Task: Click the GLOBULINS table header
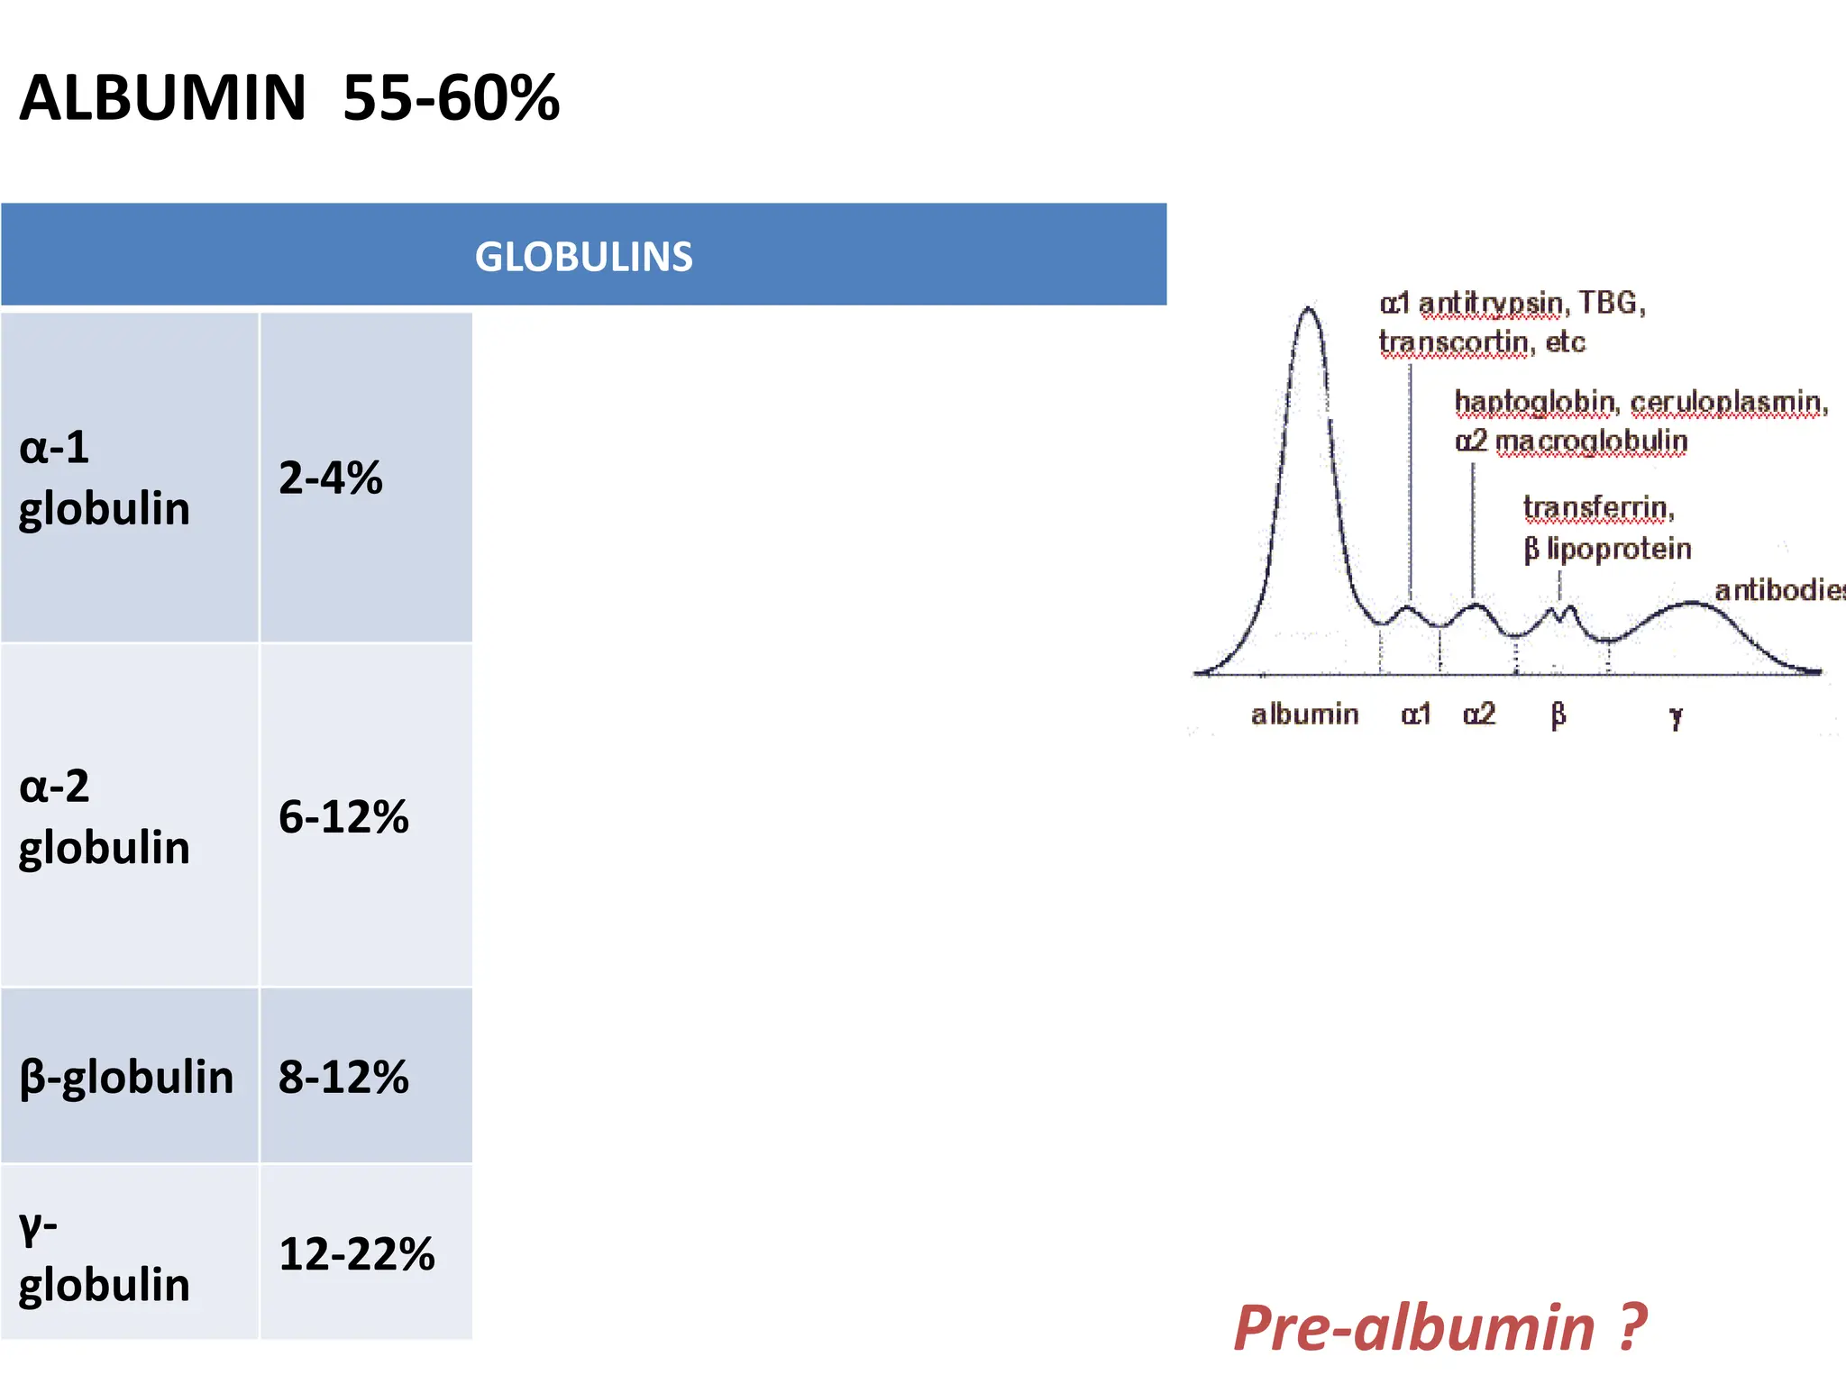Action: [583, 256]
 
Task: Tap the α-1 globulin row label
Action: [104, 478]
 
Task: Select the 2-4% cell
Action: [330, 478]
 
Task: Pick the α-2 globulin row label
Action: [104, 816]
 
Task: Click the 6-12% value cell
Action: [343, 816]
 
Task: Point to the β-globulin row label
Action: [126, 1077]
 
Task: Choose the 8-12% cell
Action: [343, 1077]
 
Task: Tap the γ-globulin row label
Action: [104, 1254]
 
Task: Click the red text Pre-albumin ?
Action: [1439, 1327]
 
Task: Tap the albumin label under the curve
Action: [1304, 715]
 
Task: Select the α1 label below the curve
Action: [1416, 715]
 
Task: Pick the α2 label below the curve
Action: [1479, 715]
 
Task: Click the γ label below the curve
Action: [1675, 717]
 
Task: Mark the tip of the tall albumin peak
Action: [1309, 309]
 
